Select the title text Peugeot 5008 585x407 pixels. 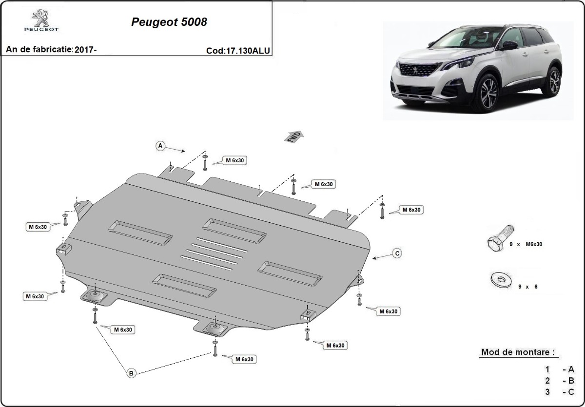[x=169, y=22]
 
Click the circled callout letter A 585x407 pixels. [x=159, y=146]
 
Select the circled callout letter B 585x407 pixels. [x=131, y=373]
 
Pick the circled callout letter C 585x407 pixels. [x=397, y=253]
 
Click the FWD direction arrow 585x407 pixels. [x=294, y=136]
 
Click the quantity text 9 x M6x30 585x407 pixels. [x=526, y=244]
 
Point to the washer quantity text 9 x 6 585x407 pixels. [x=527, y=287]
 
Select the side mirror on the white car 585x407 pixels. [x=510, y=45]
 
